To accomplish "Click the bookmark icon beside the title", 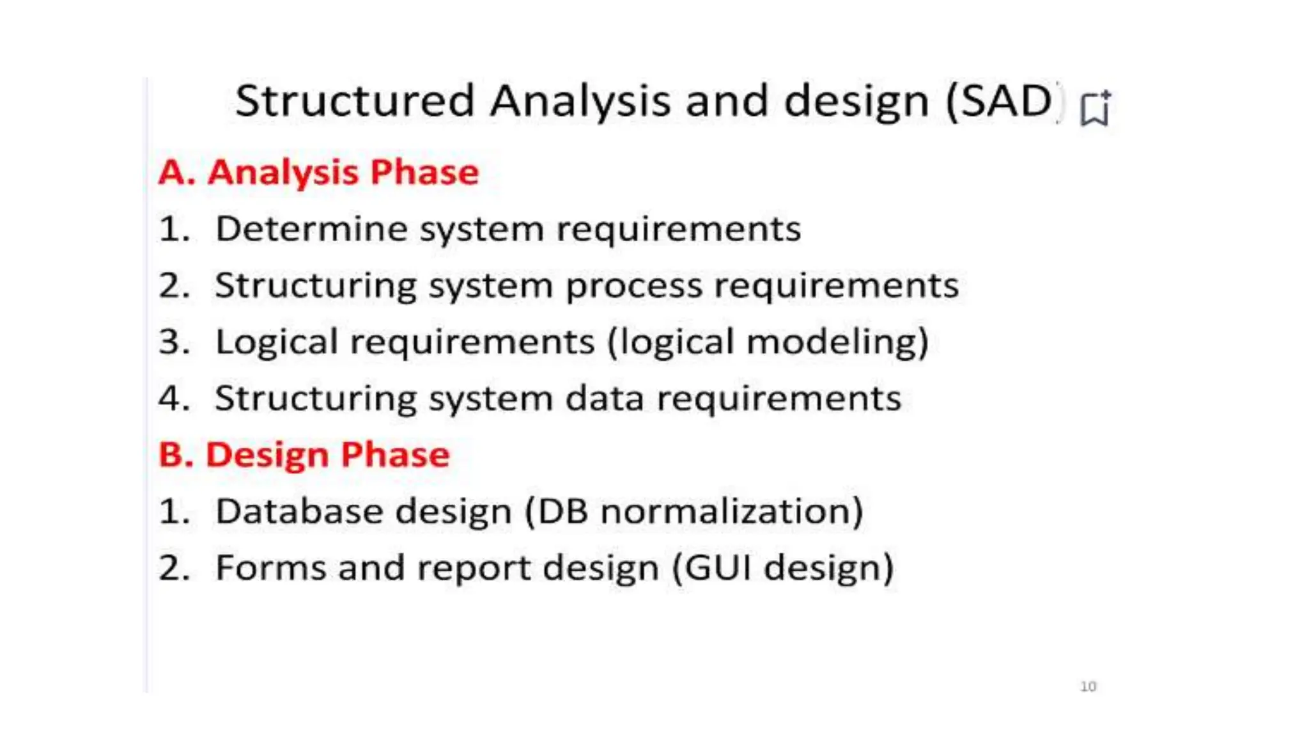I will click(1095, 109).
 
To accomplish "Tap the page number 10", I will click(1088, 686).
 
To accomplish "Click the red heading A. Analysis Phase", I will click(318, 172).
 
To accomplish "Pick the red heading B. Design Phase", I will click(304, 455).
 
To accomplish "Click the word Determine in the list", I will click(311, 229).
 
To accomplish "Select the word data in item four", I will click(604, 399).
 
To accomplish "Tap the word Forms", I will click(271, 568).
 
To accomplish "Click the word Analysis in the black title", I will click(580, 102).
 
